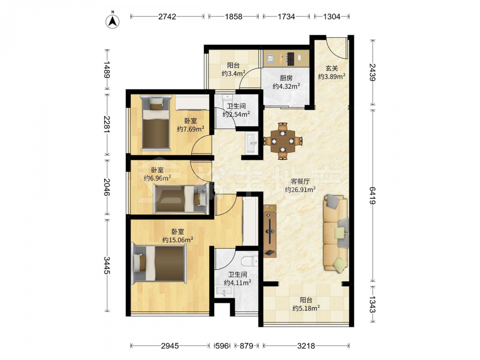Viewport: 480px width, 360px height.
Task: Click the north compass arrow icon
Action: click(x=113, y=21)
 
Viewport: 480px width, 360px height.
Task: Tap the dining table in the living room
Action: click(x=283, y=141)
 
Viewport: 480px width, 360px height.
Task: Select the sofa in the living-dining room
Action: click(x=336, y=233)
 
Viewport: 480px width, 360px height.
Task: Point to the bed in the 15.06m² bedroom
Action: click(x=159, y=264)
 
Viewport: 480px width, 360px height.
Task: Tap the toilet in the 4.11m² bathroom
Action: click(x=250, y=261)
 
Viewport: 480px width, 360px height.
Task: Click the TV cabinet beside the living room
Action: click(x=270, y=231)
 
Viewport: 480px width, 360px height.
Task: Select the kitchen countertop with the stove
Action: click(x=286, y=58)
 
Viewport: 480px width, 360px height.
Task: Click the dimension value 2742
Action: click(x=167, y=16)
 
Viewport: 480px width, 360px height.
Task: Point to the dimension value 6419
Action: click(x=372, y=196)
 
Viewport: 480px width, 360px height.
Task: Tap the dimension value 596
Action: click(x=222, y=346)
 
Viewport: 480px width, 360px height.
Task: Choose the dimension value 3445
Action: click(x=107, y=265)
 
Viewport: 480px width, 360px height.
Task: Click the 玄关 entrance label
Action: click(x=332, y=68)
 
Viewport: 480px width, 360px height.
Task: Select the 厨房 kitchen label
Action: click(x=286, y=78)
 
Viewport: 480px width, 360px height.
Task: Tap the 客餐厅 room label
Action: click(x=300, y=181)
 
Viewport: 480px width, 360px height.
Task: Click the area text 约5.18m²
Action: click(x=306, y=308)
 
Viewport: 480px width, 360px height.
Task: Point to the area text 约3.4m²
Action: click(x=233, y=73)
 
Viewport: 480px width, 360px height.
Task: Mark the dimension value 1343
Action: click(x=372, y=304)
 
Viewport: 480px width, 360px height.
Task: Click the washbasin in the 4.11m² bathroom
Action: click(x=224, y=292)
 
